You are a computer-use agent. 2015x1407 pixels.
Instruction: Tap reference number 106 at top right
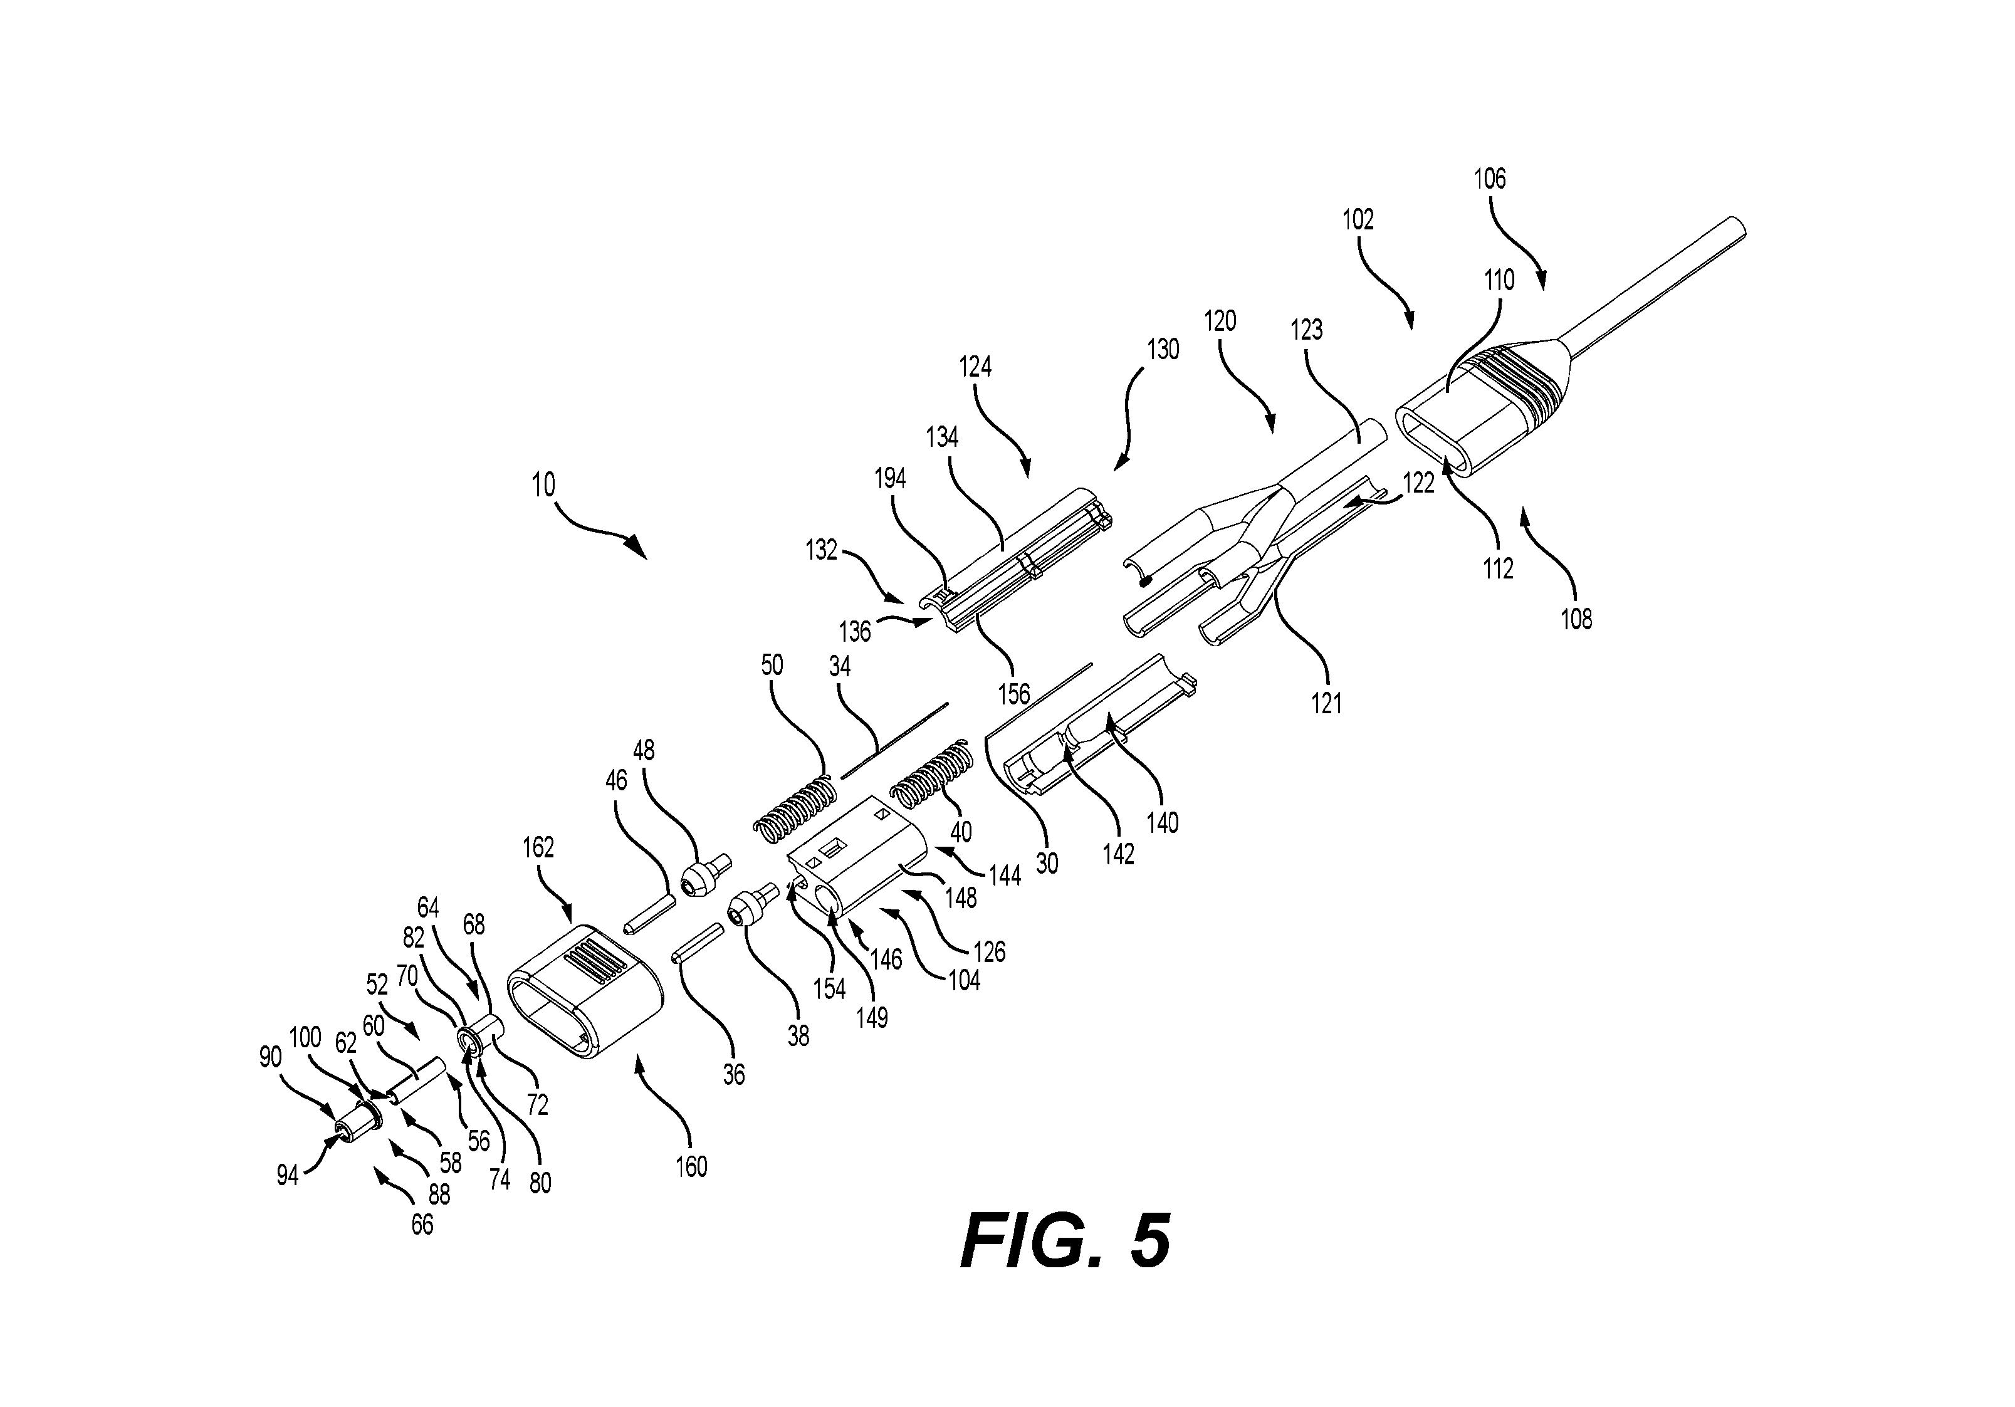tap(1489, 179)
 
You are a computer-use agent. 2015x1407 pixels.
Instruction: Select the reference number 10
tap(543, 484)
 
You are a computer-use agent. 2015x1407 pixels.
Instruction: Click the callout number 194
tap(890, 478)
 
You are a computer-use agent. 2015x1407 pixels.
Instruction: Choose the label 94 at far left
tap(288, 1175)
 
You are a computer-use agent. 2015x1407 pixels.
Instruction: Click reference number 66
tap(422, 1225)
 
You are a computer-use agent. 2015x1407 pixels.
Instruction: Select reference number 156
tap(1013, 693)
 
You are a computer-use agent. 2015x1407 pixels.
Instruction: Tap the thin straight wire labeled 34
tap(895, 741)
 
